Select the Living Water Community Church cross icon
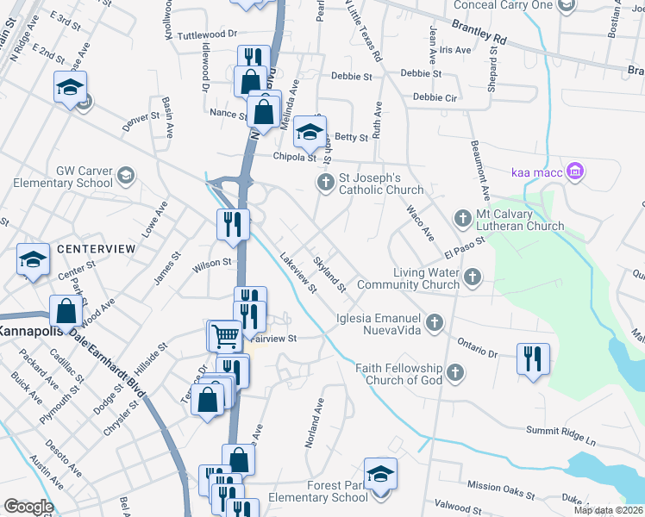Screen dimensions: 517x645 (471, 277)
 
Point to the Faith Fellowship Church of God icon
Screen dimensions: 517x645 (454, 373)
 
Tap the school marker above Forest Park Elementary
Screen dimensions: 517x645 (380, 473)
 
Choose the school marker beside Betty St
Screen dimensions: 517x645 (309, 132)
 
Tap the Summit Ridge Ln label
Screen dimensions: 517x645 (561, 436)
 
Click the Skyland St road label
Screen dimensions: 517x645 (329, 274)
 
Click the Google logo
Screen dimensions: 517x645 (28, 507)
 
